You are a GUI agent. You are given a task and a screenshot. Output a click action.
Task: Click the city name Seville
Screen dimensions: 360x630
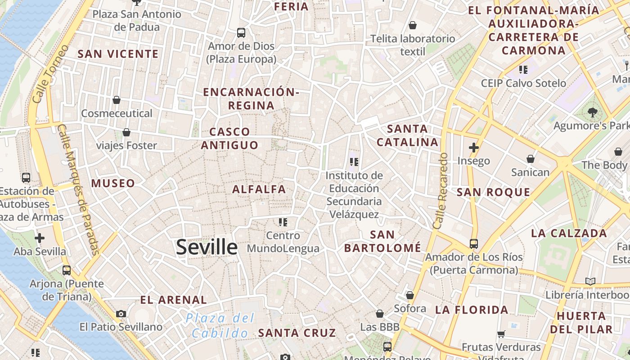(x=207, y=247)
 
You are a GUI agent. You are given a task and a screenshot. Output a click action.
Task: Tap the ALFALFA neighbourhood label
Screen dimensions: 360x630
(x=259, y=189)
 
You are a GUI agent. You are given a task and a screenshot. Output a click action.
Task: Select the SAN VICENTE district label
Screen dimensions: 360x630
(x=118, y=54)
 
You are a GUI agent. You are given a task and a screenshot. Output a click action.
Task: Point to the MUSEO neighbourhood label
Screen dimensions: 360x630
(x=113, y=183)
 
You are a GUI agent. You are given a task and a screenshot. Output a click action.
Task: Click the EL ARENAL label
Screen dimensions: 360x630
(x=173, y=300)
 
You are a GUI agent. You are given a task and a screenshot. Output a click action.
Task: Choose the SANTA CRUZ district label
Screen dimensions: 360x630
(x=297, y=333)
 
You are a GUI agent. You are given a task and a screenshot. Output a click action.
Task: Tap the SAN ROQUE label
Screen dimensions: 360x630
(x=494, y=192)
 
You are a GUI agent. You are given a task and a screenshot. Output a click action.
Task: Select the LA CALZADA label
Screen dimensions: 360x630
(x=569, y=233)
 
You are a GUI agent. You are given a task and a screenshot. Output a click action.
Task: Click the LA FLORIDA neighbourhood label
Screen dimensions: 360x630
(x=472, y=310)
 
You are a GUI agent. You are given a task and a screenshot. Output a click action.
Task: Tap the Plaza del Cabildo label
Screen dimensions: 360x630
(x=220, y=325)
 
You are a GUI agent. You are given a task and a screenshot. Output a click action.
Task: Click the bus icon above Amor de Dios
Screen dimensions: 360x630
(x=241, y=33)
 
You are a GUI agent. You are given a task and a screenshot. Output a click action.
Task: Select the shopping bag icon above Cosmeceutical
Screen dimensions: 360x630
(x=117, y=100)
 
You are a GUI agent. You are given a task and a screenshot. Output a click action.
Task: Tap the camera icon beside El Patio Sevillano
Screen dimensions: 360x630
(x=121, y=314)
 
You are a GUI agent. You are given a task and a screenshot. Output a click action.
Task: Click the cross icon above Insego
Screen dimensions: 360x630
(x=473, y=147)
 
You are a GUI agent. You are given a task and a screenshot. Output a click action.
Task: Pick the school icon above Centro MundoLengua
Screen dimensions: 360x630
(x=283, y=222)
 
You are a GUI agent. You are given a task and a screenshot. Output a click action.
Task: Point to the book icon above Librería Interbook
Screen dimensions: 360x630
(x=590, y=282)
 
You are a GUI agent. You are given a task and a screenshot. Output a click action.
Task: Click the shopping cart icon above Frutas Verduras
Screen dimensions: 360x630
(x=501, y=334)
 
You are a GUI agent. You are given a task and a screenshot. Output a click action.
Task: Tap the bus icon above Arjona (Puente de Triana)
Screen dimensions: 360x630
(x=67, y=270)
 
